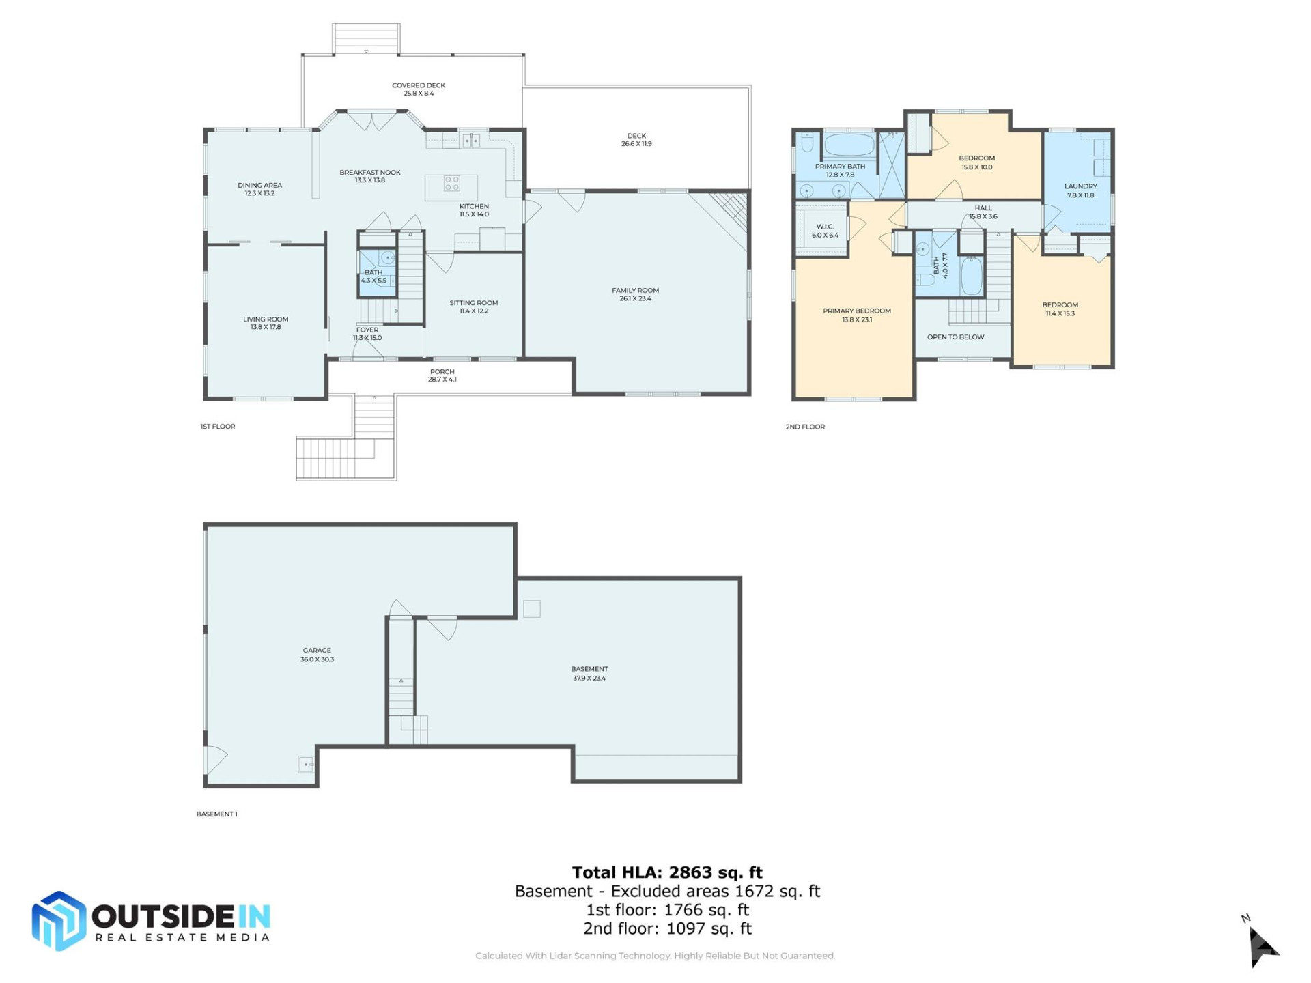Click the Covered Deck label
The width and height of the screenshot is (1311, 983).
418,86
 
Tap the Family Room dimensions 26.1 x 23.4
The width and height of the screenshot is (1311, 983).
635,298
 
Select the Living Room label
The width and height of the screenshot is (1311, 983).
266,319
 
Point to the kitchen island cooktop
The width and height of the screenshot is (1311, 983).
452,183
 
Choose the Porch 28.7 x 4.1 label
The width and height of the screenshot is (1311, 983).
442,375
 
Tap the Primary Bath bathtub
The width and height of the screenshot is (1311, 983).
849,145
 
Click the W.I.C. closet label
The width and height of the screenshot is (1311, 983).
825,227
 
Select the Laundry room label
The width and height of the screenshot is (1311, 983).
1080,186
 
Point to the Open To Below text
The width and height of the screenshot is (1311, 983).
955,337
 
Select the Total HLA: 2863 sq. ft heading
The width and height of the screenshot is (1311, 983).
667,872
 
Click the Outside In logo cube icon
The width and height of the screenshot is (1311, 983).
59,921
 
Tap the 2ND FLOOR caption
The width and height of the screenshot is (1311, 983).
805,427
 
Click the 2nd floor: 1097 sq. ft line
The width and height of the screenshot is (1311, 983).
667,928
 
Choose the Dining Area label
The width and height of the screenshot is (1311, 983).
259,185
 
